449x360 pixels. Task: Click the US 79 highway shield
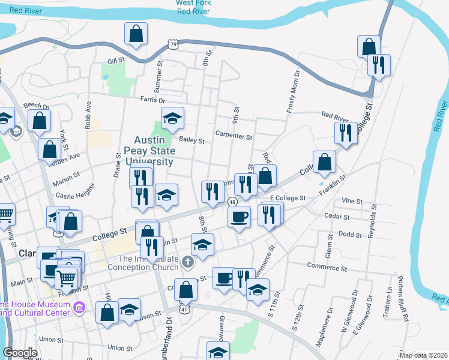(173, 44)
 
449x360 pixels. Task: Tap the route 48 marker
(232, 202)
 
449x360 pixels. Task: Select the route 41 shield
(184, 309)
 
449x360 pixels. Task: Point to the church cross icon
(188, 261)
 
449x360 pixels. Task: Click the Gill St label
(115, 61)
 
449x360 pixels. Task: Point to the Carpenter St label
(234, 136)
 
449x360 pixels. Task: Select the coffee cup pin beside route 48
(240, 217)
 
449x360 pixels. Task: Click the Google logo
(20, 353)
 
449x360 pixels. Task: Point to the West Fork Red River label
(193, 7)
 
